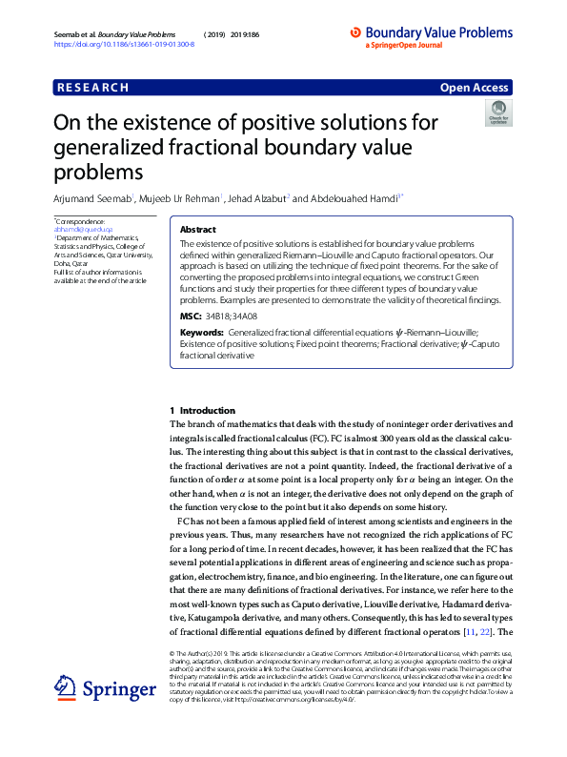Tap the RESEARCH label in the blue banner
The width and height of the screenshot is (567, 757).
(92, 88)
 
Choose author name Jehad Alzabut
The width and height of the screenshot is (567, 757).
(257, 198)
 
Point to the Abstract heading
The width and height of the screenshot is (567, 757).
(197, 230)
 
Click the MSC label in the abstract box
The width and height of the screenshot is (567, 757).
(190, 315)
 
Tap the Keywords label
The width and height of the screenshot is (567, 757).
(202, 333)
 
